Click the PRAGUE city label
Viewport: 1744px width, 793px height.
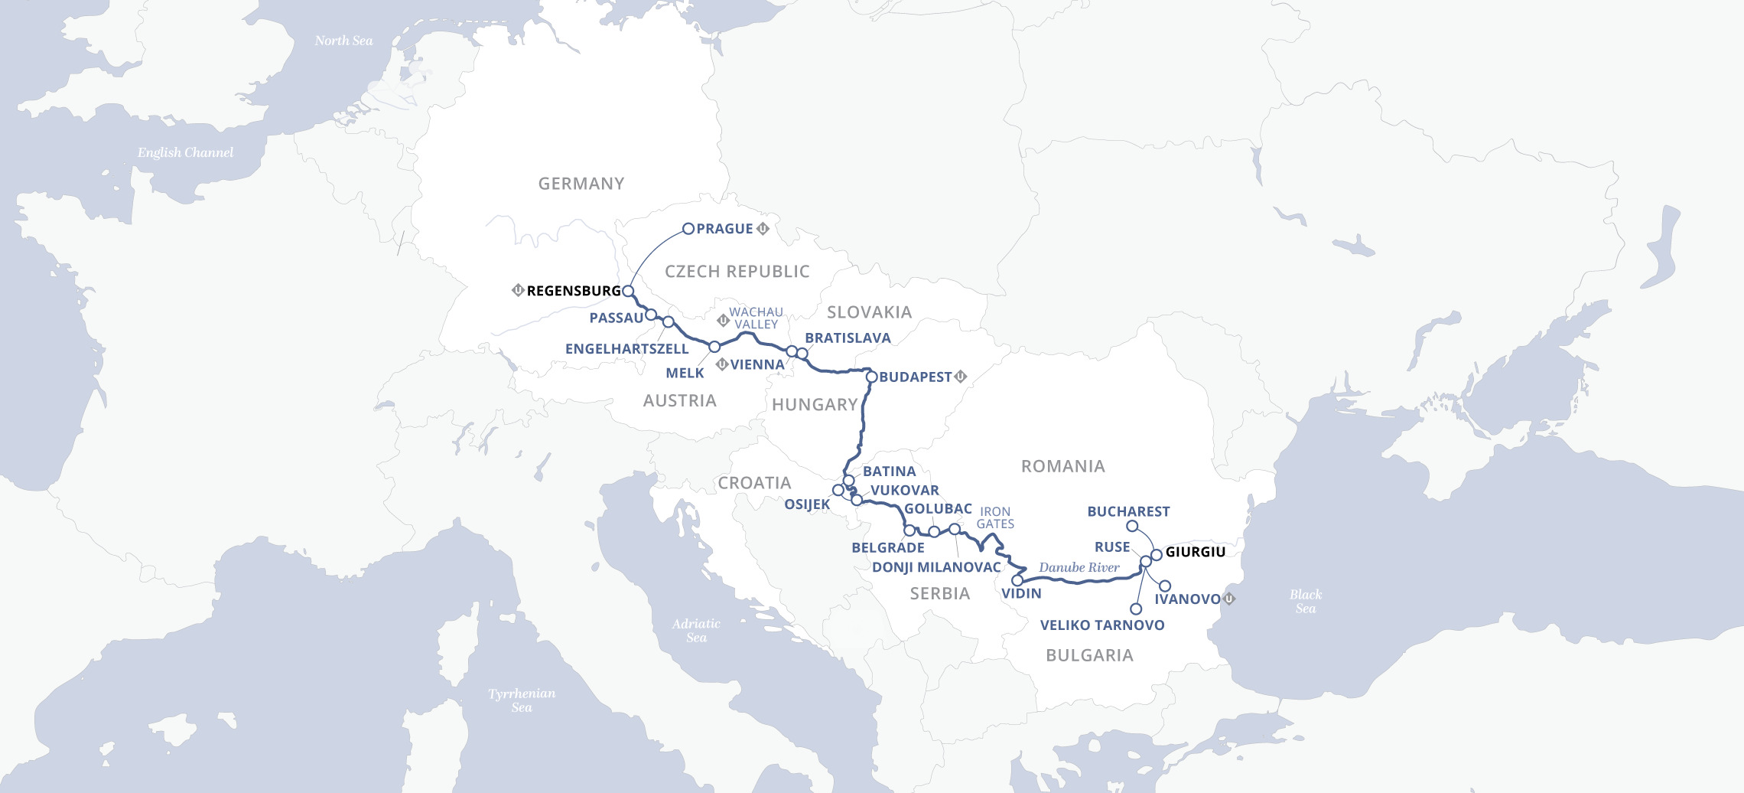pos(724,229)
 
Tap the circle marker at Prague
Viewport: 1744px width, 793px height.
pos(688,228)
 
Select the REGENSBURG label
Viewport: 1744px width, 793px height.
pos(574,291)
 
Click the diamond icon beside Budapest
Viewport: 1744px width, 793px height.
pos(961,377)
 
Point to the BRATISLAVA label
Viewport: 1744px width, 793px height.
pos(848,338)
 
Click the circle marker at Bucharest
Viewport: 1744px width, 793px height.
pos(1132,526)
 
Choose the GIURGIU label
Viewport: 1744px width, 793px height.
pos(1195,552)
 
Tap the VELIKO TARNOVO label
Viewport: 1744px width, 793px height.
pos(1102,625)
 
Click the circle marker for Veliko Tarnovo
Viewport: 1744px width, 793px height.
pos(1136,609)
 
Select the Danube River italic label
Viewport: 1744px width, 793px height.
pos(1079,567)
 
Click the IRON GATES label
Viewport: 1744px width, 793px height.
pos(995,517)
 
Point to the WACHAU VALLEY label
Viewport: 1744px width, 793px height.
pos(756,318)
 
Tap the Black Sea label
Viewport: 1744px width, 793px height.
pos(1305,601)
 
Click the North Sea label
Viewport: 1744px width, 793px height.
pos(343,41)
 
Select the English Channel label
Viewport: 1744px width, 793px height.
pos(185,152)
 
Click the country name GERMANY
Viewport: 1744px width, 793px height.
pos(581,184)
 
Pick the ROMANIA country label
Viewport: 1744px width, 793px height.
pos(1062,466)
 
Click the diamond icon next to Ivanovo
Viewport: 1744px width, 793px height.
pos(1229,599)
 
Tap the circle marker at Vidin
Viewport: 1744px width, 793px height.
pos(1017,580)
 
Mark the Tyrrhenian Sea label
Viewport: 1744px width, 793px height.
pos(522,700)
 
